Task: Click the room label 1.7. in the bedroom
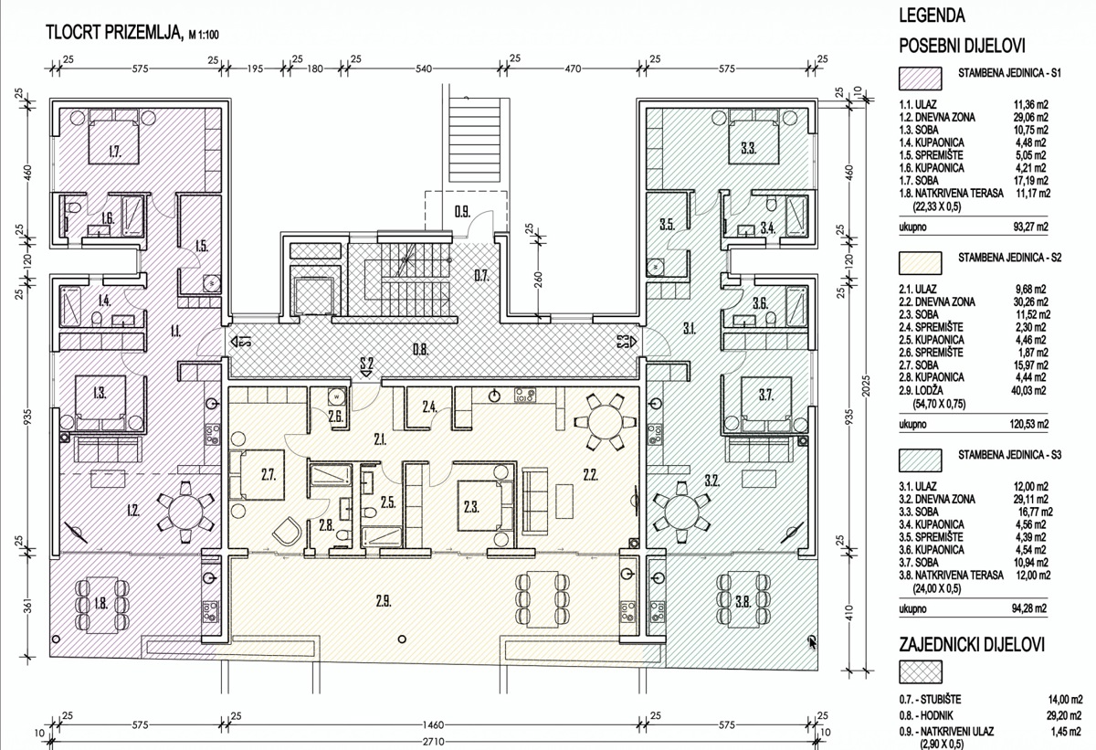coord(115,152)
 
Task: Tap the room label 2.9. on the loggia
coord(384,601)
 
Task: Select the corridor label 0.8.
coord(420,350)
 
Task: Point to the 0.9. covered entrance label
coord(462,212)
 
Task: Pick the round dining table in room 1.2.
coord(186,512)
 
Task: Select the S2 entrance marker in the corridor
coord(366,366)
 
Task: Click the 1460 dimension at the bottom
coord(433,725)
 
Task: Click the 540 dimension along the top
coord(424,69)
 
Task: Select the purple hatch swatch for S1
coord(920,79)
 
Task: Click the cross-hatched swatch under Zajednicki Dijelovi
coord(920,671)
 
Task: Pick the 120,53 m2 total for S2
coord(1030,424)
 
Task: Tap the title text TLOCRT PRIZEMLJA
coord(113,32)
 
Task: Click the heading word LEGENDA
coord(933,16)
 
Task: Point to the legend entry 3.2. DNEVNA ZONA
coord(937,499)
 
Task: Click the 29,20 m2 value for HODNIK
coord(1064,715)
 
